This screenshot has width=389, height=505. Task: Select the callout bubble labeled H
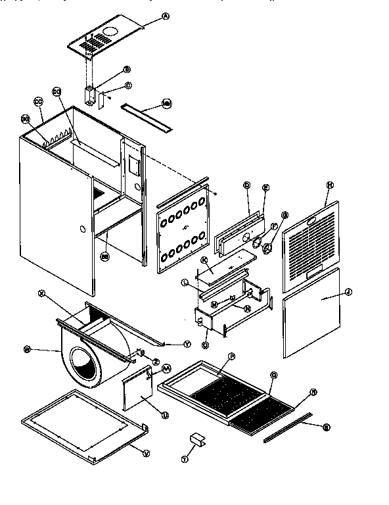[329, 186]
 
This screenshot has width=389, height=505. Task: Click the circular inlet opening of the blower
[85, 365]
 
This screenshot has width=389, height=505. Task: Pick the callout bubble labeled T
[185, 460]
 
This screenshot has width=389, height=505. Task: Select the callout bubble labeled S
[326, 427]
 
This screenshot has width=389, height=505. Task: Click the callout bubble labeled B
[126, 68]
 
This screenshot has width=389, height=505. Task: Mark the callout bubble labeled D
[246, 187]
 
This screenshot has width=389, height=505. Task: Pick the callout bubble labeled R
[313, 392]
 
